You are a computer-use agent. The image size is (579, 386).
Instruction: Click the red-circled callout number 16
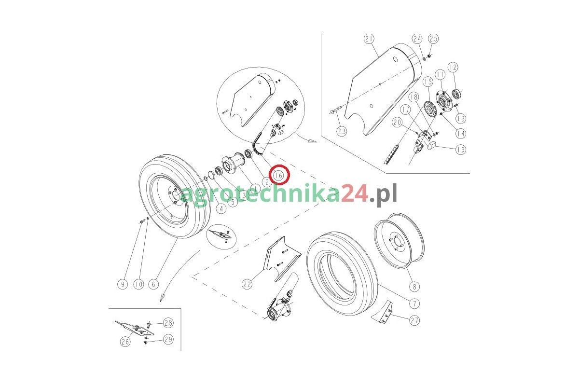[279, 176]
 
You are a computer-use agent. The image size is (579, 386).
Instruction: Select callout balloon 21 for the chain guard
[369, 39]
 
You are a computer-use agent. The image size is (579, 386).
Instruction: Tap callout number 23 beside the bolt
[342, 131]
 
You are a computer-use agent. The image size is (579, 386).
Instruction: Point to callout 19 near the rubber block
[461, 150]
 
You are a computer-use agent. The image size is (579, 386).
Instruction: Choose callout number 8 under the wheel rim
[414, 287]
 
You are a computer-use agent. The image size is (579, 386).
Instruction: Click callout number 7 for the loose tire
[414, 303]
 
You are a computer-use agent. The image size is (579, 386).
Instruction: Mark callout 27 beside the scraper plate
[414, 320]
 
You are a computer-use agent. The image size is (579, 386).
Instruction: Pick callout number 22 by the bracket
[247, 284]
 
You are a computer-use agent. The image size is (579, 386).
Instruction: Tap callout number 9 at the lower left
[123, 284]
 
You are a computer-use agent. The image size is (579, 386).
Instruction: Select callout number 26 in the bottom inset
[125, 342]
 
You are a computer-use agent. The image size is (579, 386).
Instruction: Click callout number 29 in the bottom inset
[168, 339]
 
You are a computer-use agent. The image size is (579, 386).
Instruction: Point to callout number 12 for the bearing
[453, 67]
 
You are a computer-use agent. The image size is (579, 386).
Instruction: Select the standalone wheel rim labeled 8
[399, 241]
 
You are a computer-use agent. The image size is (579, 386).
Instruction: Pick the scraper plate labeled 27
[382, 312]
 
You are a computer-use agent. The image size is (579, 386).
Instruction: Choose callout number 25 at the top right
[433, 39]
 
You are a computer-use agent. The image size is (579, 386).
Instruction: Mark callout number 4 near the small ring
[221, 208]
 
